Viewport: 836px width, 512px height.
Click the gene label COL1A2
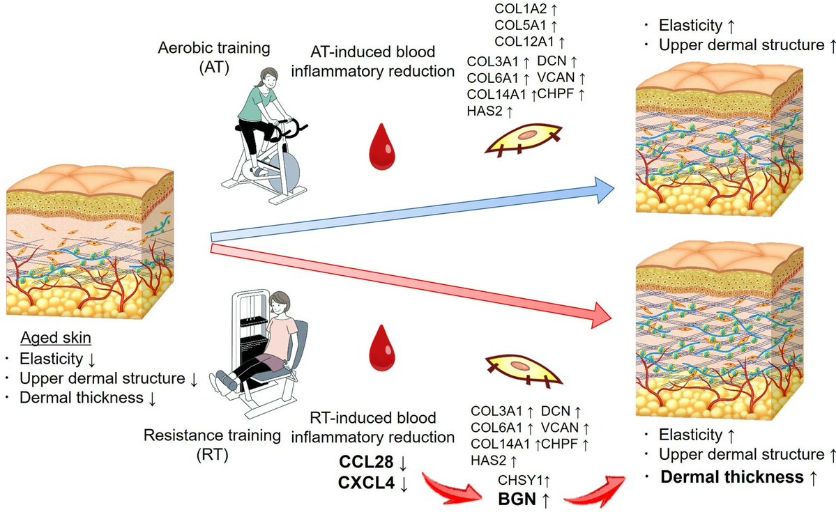pos(521,8)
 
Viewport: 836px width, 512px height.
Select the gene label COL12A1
pos(524,41)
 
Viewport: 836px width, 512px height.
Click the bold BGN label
pos(517,499)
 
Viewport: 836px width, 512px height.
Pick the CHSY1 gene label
pos(519,480)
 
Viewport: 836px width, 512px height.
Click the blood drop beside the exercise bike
pos(382,146)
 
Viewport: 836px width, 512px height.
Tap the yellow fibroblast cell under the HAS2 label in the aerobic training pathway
pos(524,139)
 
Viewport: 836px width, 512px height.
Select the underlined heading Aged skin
pos(56,338)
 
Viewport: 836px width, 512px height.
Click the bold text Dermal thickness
pos(732,477)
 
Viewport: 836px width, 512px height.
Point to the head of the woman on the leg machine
pos(279,303)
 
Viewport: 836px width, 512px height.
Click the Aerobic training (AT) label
pos(214,58)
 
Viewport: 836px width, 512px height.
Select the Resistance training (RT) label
pos(212,445)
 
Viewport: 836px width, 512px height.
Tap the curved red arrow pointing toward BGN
pos(451,486)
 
